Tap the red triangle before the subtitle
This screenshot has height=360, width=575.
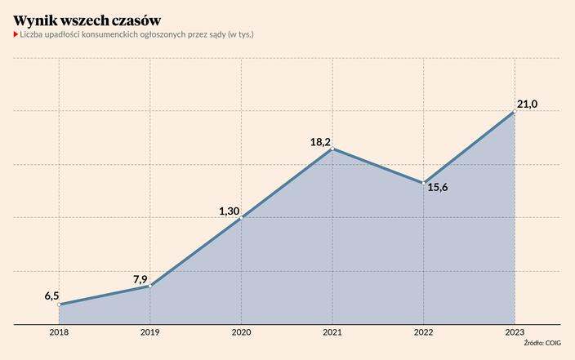[x=16, y=35]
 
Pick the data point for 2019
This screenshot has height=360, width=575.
[x=149, y=286]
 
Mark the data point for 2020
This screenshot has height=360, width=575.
[x=241, y=218]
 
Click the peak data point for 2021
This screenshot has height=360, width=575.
[x=332, y=149]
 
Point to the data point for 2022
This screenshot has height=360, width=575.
[x=423, y=183]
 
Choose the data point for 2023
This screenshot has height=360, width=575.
[x=515, y=112]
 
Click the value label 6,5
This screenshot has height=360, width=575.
[x=51, y=296]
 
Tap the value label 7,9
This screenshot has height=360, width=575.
[x=141, y=279]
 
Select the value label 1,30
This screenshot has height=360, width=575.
[x=229, y=211]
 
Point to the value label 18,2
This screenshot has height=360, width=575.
[x=320, y=143]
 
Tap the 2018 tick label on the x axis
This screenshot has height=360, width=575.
[x=59, y=331]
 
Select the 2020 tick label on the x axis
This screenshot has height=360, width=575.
[x=241, y=331]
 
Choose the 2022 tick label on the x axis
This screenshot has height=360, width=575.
[x=423, y=331]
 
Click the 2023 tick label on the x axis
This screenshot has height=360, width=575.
[x=515, y=331]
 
